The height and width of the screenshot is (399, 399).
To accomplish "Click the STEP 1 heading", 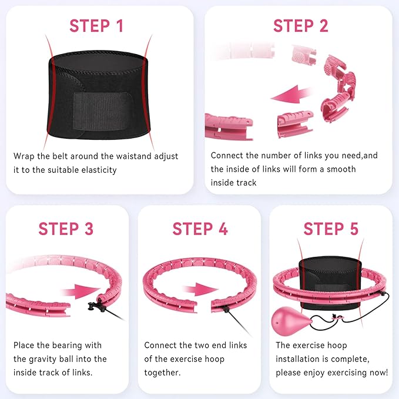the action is tap(96, 26).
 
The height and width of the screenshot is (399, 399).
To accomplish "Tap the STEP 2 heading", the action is tap(301, 26).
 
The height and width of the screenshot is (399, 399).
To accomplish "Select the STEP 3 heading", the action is tap(66, 229).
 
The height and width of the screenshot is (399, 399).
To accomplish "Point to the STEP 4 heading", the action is tap(200, 229).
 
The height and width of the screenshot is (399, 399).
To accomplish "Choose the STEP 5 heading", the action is tap(331, 229).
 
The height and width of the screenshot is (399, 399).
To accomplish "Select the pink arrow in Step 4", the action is tap(200, 290).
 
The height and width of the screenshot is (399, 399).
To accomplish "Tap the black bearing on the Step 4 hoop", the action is tap(226, 309).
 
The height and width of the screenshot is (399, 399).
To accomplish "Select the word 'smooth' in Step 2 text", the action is tap(341, 169).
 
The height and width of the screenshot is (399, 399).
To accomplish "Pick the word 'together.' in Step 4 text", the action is tap(162, 373).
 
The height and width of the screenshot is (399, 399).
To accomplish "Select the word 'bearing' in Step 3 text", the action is tap(66, 346).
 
